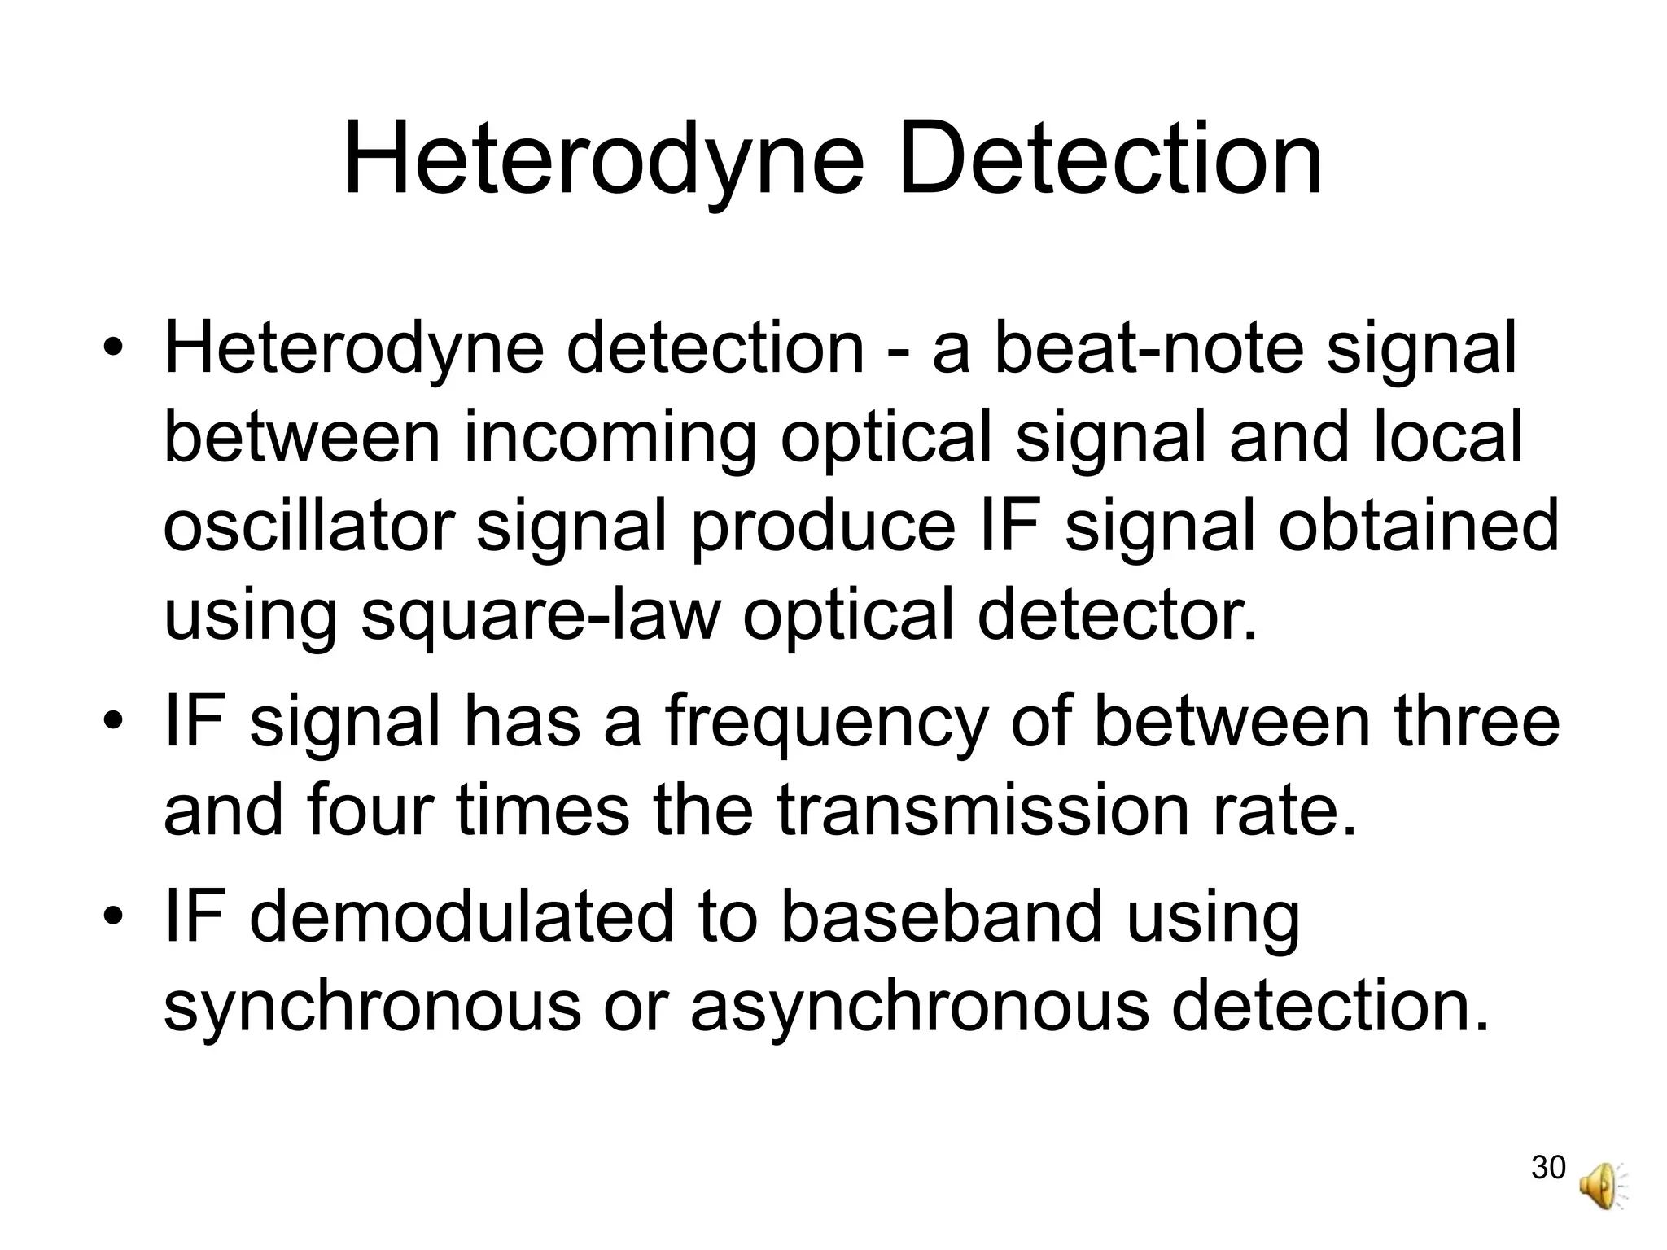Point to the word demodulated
(462, 918)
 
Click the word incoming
(610, 439)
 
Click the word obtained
(1418, 527)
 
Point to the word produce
(821, 527)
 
